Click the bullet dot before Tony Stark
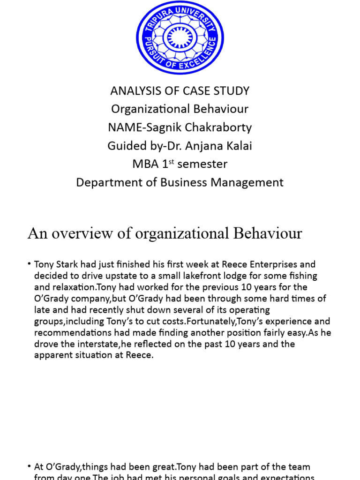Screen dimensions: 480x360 coord(30,264)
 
